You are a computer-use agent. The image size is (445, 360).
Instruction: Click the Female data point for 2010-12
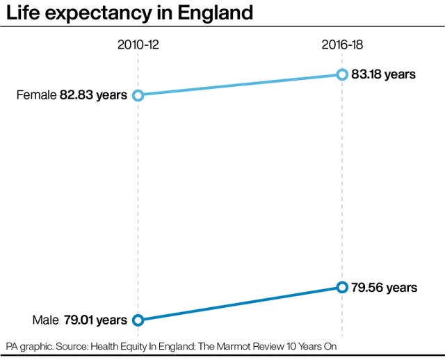(x=138, y=95)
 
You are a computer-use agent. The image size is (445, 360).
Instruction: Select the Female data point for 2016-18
(x=341, y=74)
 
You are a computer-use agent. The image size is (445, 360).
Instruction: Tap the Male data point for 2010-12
(x=138, y=320)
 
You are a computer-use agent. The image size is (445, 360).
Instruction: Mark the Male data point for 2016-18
(x=341, y=287)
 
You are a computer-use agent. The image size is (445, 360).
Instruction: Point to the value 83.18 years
(x=384, y=74)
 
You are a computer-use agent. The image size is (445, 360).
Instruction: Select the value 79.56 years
(x=385, y=287)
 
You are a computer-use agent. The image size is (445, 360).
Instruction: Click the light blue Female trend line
(x=240, y=85)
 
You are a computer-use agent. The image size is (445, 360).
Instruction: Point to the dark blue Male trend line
(x=240, y=304)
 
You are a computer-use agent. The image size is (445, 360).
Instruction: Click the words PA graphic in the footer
(x=30, y=345)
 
